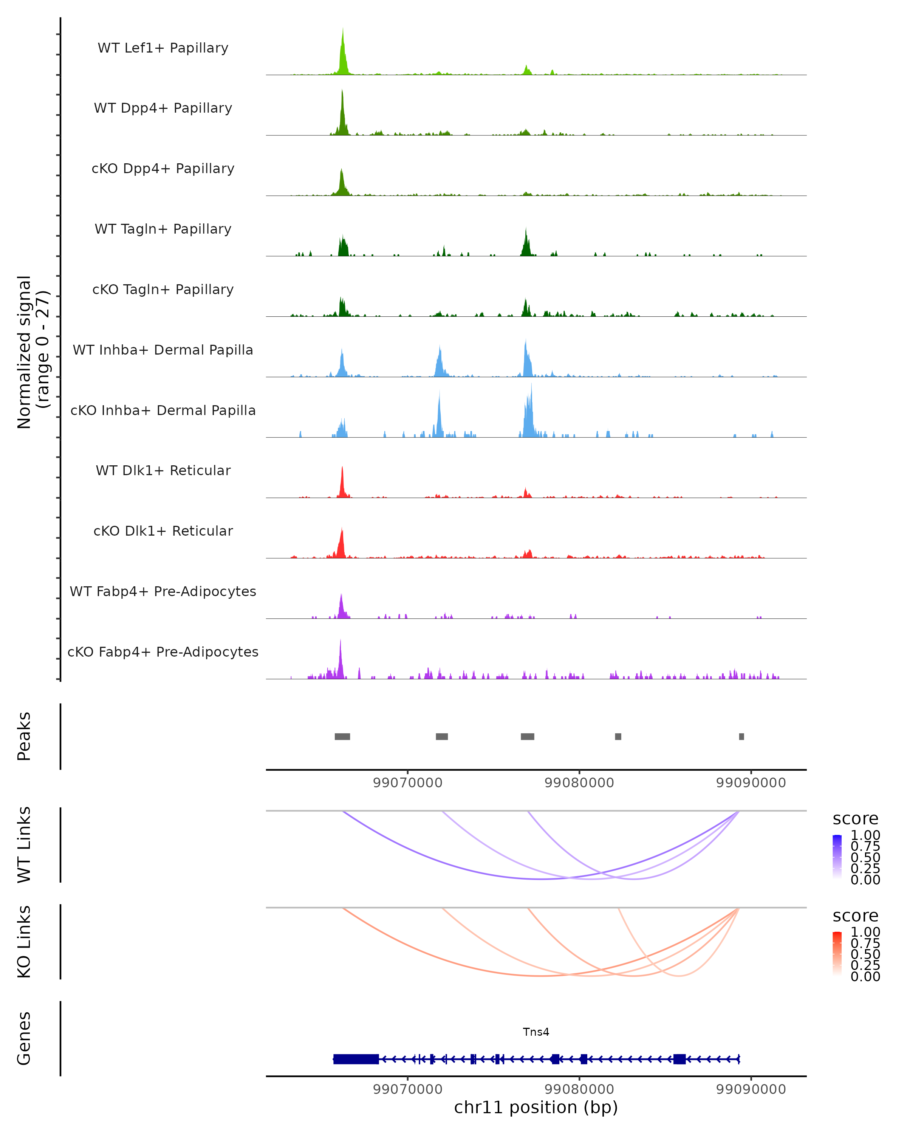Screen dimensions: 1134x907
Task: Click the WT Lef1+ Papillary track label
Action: coord(163,48)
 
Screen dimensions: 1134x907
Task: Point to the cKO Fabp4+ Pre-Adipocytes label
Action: coord(163,652)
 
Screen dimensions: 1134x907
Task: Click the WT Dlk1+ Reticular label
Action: coord(163,471)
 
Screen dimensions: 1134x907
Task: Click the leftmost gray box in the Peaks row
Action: coord(342,736)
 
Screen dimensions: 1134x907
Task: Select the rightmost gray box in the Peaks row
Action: coord(741,736)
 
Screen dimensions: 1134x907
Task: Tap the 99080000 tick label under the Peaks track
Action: coord(579,783)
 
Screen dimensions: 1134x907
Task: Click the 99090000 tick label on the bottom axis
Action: coord(751,1089)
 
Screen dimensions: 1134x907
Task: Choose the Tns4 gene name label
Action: coord(536,1032)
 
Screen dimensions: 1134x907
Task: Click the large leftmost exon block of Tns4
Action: coord(356,1059)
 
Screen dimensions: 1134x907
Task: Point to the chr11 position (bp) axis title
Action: coord(536,1108)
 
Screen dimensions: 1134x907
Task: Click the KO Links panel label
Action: coord(24,942)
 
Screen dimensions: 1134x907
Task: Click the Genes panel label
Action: coord(24,1038)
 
